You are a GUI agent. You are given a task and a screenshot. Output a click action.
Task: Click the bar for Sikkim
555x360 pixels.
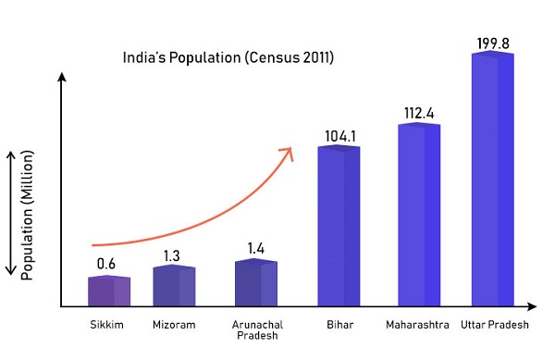tap(109, 291)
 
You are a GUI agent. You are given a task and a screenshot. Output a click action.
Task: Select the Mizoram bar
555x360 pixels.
tap(173, 286)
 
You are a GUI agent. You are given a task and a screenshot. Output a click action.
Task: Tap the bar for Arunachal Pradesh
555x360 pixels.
tap(255, 283)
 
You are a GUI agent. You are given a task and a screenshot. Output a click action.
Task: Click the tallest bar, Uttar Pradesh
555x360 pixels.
tap(492, 180)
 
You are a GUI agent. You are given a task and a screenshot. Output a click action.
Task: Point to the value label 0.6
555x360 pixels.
tap(107, 264)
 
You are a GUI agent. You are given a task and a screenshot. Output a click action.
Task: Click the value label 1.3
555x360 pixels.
tap(173, 254)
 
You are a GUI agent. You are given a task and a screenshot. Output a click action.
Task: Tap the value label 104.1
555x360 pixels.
tap(340, 136)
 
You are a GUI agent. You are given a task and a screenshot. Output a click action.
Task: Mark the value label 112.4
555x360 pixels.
tap(419, 113)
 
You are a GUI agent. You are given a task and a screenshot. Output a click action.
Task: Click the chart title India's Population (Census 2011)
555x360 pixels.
tap(228, 57)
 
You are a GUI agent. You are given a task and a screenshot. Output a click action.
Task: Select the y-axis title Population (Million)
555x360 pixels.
tap(28, 212)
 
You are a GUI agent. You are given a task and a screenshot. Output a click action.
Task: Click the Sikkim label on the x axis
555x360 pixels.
tap(108, 325)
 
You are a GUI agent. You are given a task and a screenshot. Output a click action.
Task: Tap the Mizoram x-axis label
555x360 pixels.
tap(173, 325)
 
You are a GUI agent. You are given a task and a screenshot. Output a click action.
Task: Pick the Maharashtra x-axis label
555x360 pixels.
tap(418, 325)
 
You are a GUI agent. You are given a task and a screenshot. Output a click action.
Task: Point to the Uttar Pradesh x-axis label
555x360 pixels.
tap(495, 325)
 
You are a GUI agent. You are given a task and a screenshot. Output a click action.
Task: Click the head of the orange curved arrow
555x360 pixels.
tap(289, 150)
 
